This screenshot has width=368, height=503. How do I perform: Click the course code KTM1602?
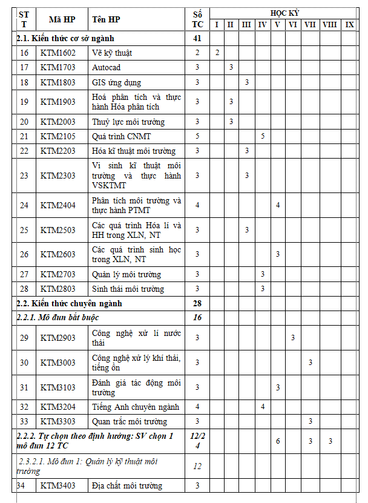click(58, 53)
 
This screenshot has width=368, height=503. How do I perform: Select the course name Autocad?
click(107, 67)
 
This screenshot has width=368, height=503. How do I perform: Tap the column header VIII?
click(330, 24)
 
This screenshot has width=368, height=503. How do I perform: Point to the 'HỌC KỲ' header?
click(284, 13)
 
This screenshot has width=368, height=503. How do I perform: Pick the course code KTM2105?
click(58, 136)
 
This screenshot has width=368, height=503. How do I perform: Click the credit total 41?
click(197, 39)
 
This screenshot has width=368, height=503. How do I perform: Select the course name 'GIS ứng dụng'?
click(116, 82)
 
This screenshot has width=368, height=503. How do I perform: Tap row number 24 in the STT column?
click(24, 205)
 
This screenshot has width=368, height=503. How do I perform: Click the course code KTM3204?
click(58, 407)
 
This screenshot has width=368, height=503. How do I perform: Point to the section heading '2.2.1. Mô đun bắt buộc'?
click(58, 317)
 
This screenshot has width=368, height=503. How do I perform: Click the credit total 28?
click(197, 303)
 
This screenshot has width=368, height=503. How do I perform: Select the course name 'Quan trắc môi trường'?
click(130, 421)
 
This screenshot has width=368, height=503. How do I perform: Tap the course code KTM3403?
click(58, 485)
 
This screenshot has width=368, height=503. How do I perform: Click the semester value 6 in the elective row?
click(278, 441)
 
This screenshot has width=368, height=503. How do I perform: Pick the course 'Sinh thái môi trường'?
click(128, 289)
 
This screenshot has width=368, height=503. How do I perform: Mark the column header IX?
click(349, 24)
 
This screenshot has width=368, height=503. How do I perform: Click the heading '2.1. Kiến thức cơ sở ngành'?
click(65, 39)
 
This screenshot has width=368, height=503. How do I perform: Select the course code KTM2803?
click(58, 289)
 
